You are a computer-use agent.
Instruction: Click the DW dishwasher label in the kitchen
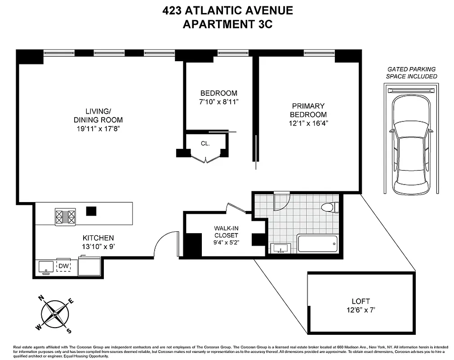[x=63, y=266]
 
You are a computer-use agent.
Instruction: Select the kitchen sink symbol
[x=45, y=267]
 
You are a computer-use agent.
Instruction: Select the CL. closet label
[x=205, y=144]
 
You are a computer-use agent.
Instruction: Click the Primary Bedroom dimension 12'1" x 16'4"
[x=309, y=123]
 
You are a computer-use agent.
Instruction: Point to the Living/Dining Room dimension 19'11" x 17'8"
[x=98, y=128]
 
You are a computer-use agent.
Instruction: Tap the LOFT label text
[x=361, y=301]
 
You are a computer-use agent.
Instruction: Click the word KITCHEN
[x=98, y=238]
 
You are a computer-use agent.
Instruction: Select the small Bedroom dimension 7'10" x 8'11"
[x=218, y=101]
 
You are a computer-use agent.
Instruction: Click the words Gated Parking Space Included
[x=411, y=72]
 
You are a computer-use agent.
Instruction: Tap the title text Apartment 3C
[x=227, y=24]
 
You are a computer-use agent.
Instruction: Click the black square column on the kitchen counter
[x=91, y=211]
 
